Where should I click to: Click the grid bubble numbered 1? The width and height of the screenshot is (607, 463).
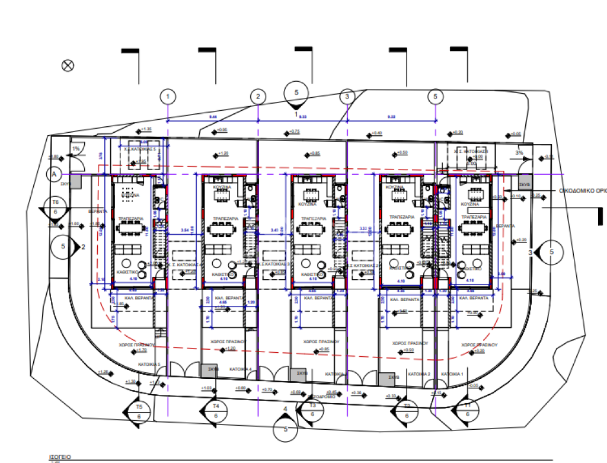(168, 95)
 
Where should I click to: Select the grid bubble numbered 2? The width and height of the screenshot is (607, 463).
(258, 96)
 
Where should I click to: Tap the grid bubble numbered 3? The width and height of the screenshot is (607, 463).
(347, 96)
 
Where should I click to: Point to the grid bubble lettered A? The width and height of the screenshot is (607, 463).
(55, 174)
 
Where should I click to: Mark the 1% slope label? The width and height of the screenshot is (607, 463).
(75, 149)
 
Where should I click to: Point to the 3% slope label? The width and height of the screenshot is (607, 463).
(519, 152)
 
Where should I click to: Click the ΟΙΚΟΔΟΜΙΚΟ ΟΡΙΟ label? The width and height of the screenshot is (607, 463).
(583, 191)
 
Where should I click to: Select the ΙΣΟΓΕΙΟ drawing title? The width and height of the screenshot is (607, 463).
(60, 457)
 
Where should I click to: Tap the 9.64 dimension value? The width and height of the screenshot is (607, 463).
(213, 117)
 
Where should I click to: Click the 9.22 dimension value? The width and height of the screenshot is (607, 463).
(391, 117)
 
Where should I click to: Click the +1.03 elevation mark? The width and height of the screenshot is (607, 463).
(207, 388)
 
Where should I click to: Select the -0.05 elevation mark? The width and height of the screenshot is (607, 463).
(472, 385)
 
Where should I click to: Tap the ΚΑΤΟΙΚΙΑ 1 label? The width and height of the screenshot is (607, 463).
(452, 375)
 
